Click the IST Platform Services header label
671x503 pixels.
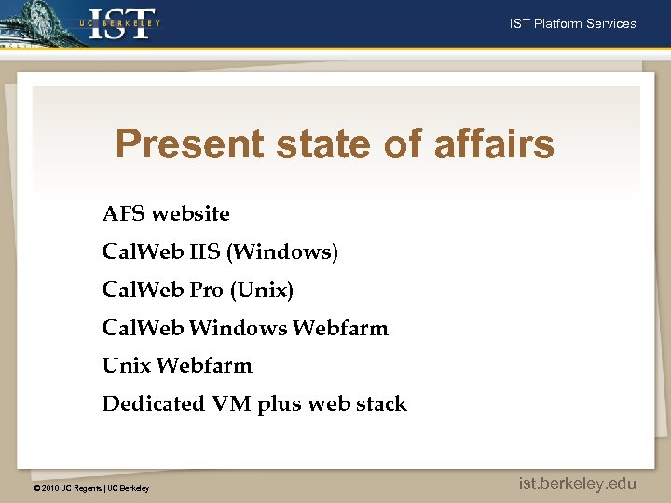572,23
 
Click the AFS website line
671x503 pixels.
166,214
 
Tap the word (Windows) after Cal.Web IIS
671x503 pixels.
294,252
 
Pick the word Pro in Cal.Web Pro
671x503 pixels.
207,291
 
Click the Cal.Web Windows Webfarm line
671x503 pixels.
245,328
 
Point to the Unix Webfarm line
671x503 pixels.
177,366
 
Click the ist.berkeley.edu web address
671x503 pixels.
578,483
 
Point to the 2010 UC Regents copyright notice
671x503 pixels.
90,488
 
